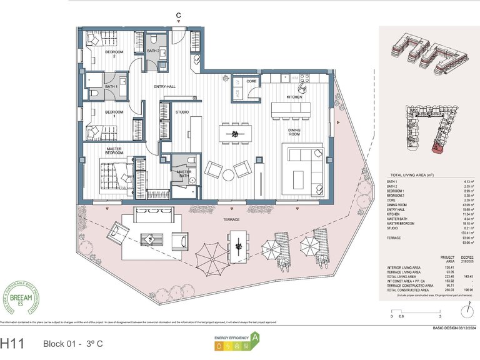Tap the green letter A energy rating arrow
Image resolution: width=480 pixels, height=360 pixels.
pos(254,342)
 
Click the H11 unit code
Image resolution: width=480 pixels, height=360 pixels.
pos(13,343)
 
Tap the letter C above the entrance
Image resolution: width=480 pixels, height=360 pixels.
pos(179,16)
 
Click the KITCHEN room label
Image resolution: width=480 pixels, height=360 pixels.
pos(294,97)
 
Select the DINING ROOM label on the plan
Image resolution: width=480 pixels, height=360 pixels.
pos(294,133)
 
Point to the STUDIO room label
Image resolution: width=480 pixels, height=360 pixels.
pos(182,112)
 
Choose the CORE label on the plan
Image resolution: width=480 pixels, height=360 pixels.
pos(252,81)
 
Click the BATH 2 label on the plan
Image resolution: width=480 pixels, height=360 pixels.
pos(154,51)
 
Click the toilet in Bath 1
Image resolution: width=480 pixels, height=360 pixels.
pos(93,94)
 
